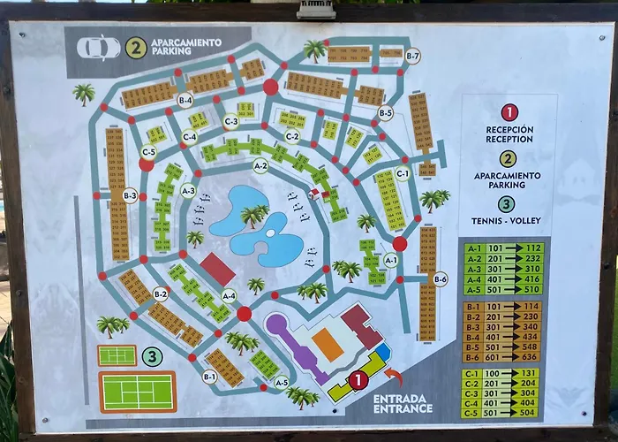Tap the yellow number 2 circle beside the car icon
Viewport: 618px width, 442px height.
[135, 47]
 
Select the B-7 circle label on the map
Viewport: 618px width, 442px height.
[412, 57]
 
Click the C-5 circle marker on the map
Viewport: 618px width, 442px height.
[149, 151]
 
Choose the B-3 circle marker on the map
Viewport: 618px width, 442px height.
[130, 194]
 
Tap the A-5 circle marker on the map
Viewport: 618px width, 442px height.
[281, 383]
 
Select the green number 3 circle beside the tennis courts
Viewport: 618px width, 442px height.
[152, 357]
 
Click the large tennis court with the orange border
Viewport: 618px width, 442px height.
[137, 391]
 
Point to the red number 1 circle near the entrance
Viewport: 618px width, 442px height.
[358, 381]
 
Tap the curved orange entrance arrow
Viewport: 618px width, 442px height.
[396, 381]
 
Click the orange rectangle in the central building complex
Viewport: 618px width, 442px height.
[328, 345]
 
